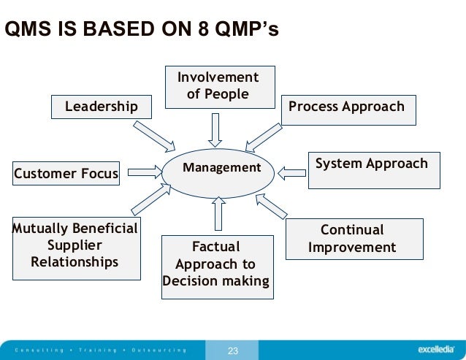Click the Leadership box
102,107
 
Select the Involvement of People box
218,86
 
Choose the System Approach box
373,169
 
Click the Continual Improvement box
354,239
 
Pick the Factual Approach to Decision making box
216,266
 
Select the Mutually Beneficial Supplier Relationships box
76,248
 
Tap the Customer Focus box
66,174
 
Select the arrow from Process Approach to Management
264,136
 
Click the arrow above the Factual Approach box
218,215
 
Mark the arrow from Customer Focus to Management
145,172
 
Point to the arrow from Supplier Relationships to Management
151,204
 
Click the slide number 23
233,351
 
